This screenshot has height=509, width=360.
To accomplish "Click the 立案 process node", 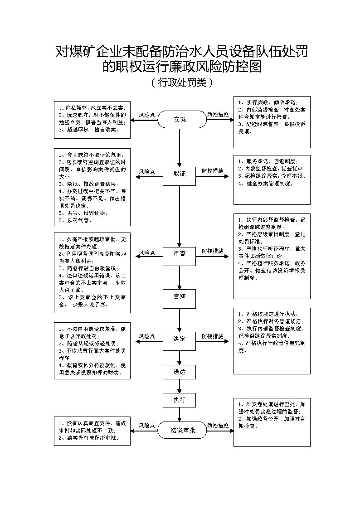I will (180, 120).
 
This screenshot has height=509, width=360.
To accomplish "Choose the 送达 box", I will (180, 372).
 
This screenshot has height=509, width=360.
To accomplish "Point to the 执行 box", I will (180, 400).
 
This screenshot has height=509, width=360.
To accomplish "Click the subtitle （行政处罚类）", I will (180, 83).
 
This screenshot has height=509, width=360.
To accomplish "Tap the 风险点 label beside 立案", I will (147, 115).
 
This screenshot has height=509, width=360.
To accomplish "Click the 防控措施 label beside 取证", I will (213, 171).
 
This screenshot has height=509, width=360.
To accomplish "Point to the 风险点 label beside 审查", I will (147, 252).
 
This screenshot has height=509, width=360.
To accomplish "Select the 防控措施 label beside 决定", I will (213, 336).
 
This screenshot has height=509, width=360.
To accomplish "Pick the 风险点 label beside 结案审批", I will (147, 426).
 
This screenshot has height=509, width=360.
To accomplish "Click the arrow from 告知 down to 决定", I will (180, 320).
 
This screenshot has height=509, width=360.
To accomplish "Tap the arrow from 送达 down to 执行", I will (180, 386).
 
